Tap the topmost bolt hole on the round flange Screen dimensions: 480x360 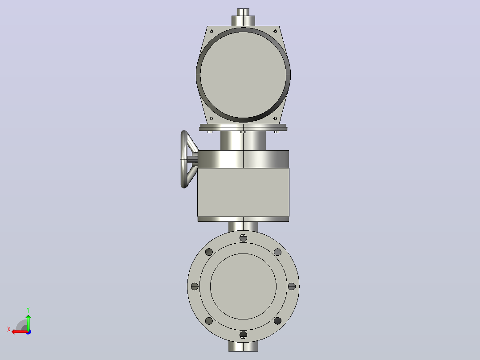coord(244,237)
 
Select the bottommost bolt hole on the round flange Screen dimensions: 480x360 coord(244,335)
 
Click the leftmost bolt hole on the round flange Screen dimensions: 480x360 coord(195,286)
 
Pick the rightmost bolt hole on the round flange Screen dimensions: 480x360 coord(292,286)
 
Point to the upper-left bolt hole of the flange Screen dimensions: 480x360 coord(209,252)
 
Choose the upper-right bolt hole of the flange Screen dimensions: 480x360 coord(278,252)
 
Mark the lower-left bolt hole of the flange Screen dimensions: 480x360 coord(209,321)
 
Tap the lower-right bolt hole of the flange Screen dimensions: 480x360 coord(278,321)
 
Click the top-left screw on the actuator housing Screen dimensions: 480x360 coord(211,31)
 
